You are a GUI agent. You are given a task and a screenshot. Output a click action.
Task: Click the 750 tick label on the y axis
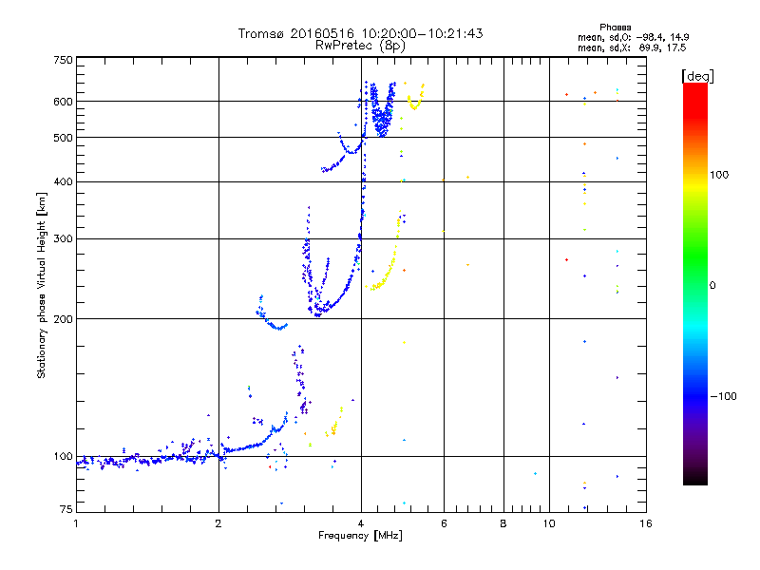tap(63, 60)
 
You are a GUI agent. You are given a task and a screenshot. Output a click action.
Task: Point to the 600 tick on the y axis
tap(63, 102)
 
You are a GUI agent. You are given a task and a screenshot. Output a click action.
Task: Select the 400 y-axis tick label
tap(63, 181)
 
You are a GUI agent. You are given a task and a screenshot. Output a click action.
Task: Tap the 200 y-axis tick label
tap(63, 319)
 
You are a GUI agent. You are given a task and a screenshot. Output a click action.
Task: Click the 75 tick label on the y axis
tap(66, 512)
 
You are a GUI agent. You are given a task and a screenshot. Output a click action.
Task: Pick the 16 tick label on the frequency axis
tap(645, 523)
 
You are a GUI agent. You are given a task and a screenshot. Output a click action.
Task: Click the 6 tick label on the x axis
tap(445, 523)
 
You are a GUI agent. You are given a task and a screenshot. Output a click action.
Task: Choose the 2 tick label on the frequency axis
tap(218, 523)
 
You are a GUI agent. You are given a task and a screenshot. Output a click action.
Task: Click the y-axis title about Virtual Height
tap(42, 285)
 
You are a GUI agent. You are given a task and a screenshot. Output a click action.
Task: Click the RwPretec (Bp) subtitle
tap(361, 45)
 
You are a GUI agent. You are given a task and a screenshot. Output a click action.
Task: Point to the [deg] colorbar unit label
tap(696, 75)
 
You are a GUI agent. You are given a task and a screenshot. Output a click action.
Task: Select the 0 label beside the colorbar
tap(713, 285)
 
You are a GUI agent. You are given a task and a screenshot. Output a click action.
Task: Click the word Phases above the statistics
tap(617, 27)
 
